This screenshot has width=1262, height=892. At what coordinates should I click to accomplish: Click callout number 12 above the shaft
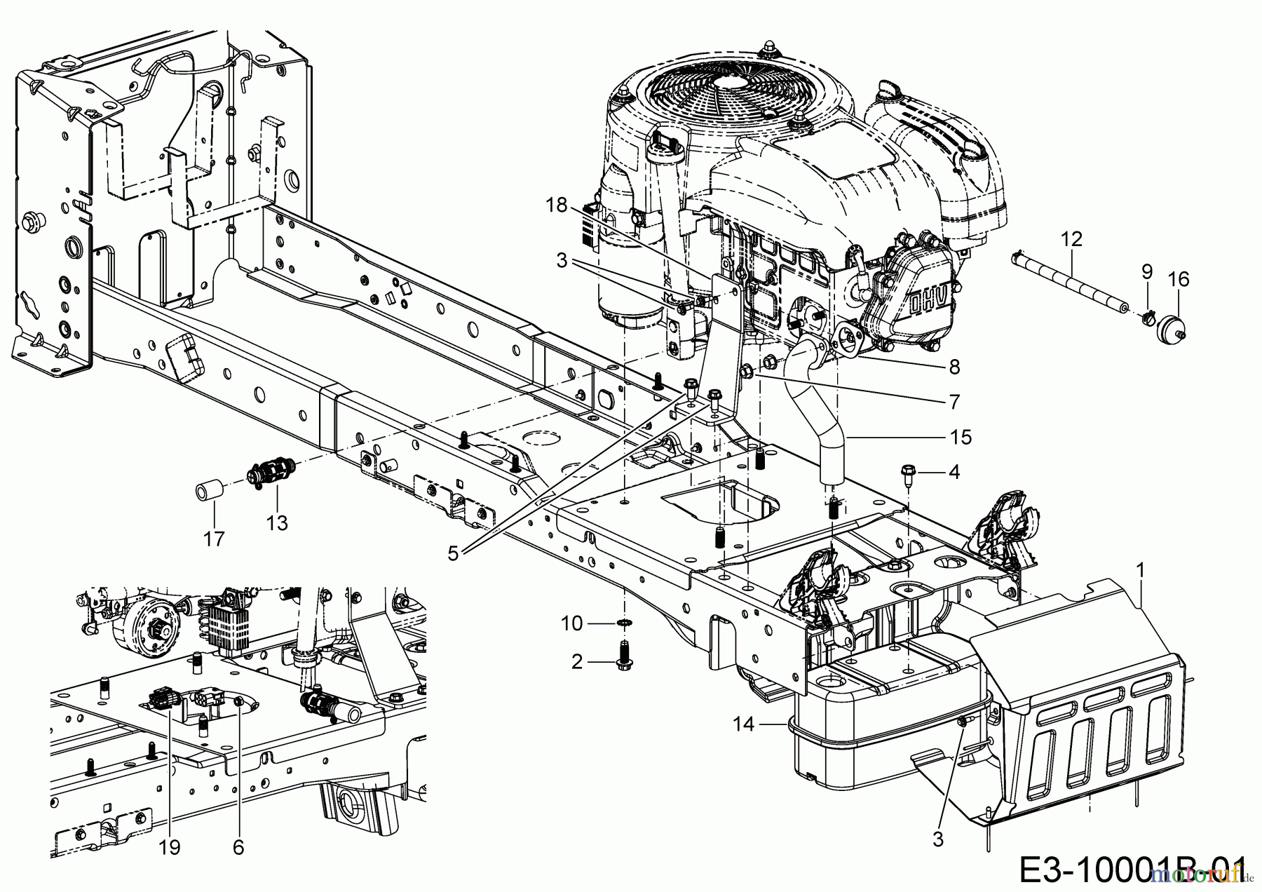pos(1072,239)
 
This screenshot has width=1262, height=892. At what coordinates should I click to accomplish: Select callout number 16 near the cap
pos(1179,280)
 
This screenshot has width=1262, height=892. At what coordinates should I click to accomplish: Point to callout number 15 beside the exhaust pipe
pos(961,438)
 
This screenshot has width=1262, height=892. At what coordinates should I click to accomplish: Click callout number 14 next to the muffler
pos(745,724)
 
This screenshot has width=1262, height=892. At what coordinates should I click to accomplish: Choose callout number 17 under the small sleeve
pos(214,539)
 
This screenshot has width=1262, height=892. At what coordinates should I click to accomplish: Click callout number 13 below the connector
pos(277,523)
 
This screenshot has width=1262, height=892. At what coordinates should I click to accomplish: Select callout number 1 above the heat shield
pos(1141,572)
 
